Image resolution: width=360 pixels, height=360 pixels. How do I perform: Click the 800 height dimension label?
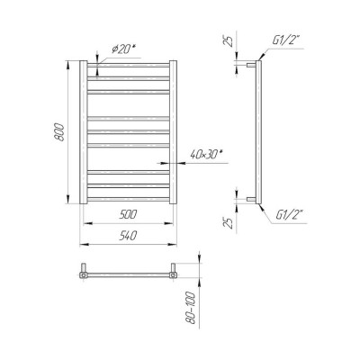click(60, 132)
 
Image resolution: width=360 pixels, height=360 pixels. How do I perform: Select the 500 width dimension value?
click(128, 214)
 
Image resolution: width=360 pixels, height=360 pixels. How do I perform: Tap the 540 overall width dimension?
click(128, 236)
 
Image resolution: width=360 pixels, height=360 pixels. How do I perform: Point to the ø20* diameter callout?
click(123, 49)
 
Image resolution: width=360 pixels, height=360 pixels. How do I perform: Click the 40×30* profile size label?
click(208, 155)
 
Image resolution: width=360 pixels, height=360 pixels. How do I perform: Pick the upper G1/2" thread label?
click(286, 40)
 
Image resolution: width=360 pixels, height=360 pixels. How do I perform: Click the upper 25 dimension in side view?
click(229, 40)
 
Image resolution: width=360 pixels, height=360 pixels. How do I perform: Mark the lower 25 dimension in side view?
click(229, 222)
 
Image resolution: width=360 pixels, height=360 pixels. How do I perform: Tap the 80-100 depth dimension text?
click(192, 308)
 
